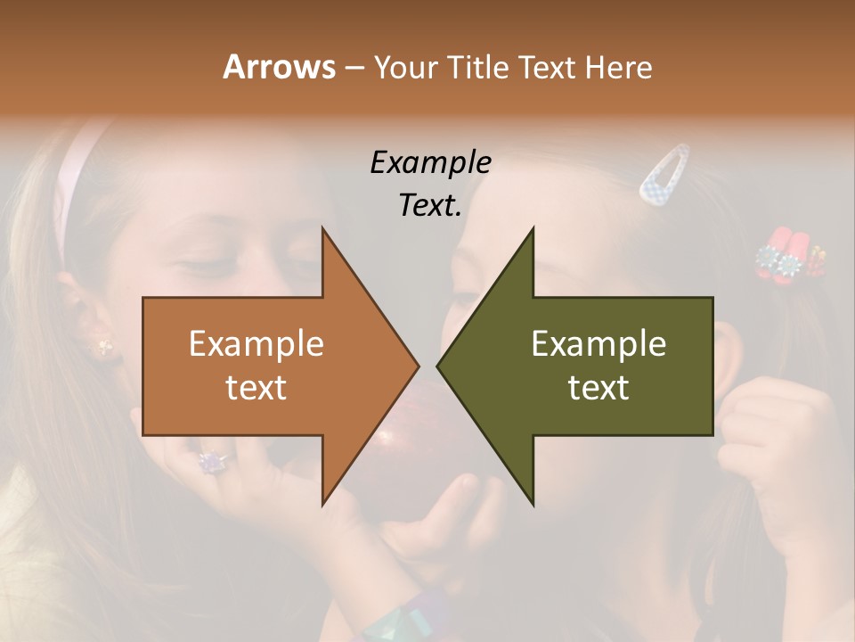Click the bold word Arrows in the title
tap(278, 67)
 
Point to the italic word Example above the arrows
tap(430, 162)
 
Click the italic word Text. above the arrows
tap(430, 206)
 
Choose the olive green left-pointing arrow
tap(606, 366)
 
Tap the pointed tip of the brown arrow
tap(416, 366)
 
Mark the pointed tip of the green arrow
tap(439, 366)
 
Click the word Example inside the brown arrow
tap(256, 344)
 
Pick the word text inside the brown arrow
tap(256, 387)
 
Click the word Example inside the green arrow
tap(598, 344)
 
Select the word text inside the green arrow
tap(598, 387)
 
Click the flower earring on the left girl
tap(104, 346)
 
